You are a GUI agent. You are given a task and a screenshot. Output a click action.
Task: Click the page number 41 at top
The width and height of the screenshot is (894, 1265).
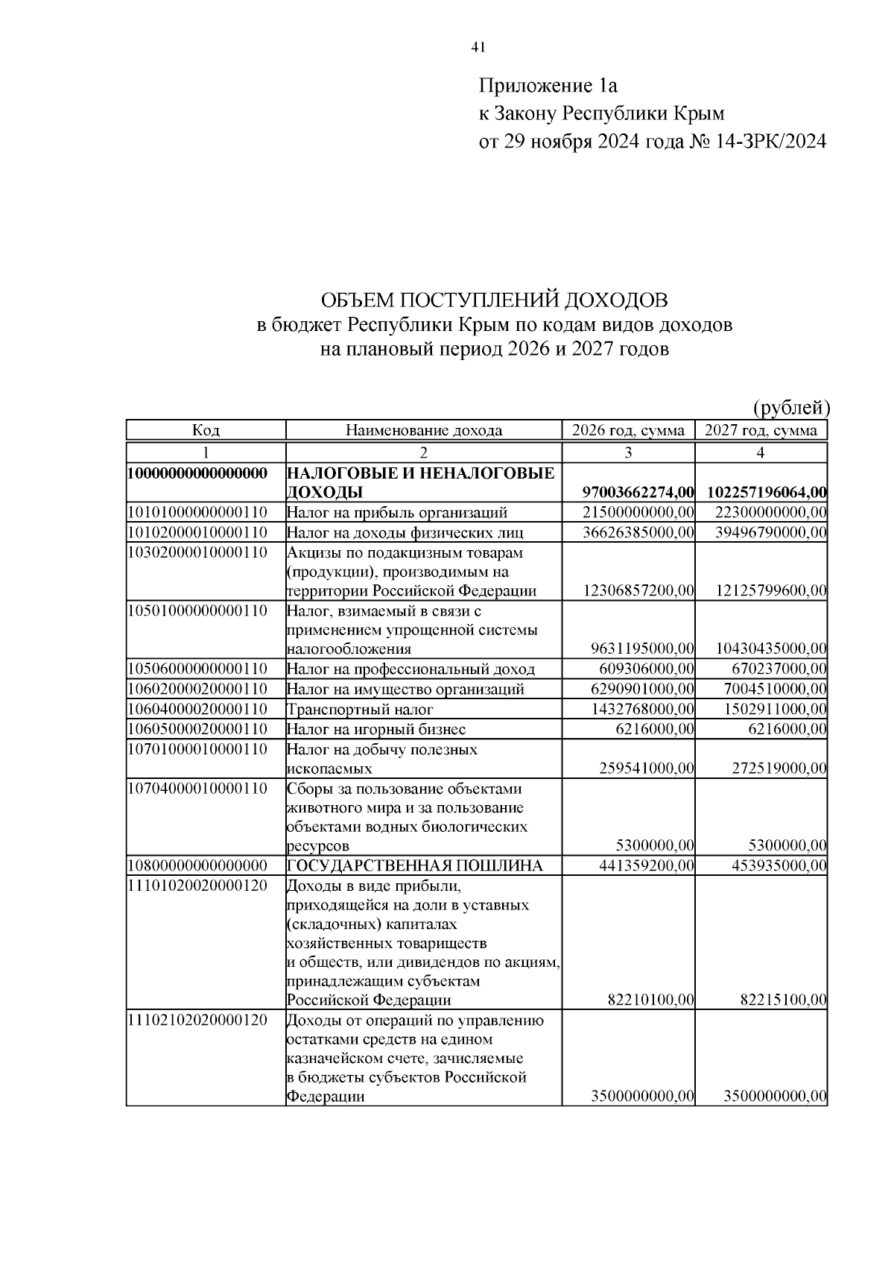point(478,48)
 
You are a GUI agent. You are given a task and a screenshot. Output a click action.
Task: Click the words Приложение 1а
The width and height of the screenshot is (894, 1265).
point(548,86)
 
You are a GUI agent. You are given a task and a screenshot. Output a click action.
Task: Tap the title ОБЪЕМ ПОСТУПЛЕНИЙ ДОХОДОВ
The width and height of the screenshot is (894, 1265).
point(494,300)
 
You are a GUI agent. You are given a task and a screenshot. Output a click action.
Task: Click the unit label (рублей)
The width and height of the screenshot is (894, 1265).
point(790,407)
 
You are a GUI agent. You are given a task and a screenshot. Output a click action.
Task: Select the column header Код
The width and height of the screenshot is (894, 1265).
point(206,430)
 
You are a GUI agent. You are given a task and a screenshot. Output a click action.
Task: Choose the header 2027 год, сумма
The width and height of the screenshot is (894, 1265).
point(761,430)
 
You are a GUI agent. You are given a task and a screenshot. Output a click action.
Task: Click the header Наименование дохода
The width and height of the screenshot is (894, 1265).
point(423,430)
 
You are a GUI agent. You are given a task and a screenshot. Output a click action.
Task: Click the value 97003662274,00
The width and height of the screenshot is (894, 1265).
point(638,492)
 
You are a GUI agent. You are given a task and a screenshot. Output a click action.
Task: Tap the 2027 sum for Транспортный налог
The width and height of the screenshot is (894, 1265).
point(775,710)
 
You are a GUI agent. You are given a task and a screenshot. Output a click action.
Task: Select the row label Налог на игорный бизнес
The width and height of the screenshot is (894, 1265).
point(376,729)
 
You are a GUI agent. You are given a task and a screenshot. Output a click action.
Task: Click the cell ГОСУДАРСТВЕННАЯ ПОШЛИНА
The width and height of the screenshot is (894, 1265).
point(415,865)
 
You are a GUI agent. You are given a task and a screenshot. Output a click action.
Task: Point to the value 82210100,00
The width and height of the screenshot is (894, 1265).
point(646,1000)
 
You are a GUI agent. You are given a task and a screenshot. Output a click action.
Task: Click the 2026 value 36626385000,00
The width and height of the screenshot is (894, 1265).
point(638,532)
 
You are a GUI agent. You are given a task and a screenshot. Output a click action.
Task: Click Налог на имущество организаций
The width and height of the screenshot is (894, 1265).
point(405,690)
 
